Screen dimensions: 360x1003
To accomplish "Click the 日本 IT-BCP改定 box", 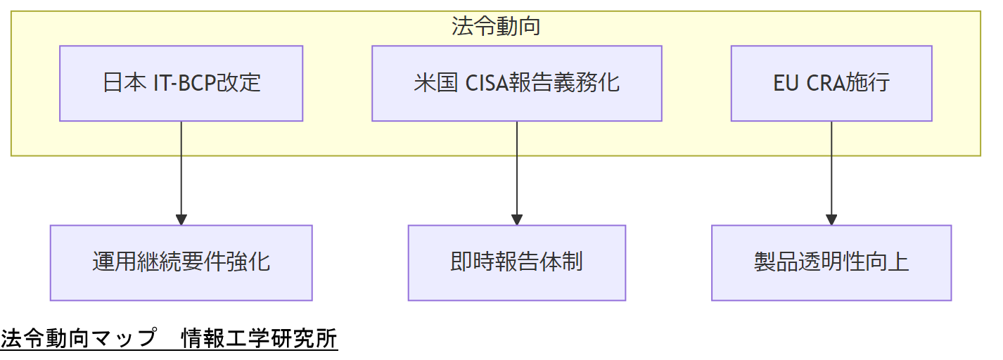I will (181, 84).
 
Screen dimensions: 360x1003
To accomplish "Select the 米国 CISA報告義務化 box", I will (516, 84).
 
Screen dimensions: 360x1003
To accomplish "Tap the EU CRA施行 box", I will (831, 84).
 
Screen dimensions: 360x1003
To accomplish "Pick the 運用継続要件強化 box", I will (181, 263).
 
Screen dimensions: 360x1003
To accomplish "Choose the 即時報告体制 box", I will (516, 263).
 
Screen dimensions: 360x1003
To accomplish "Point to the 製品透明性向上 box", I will (831, 263).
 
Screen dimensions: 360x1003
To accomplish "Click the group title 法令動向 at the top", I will (496, 27).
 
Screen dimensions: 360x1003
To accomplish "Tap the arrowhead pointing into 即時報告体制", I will (516, 219).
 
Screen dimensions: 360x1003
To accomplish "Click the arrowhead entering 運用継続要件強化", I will (181, 219).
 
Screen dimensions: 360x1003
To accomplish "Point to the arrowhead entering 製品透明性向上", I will (831, 219).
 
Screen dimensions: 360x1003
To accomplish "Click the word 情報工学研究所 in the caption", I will (259, 339).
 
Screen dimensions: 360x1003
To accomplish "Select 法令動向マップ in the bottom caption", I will (78, 339).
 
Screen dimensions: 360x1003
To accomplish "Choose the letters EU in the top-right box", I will (786, 84).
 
